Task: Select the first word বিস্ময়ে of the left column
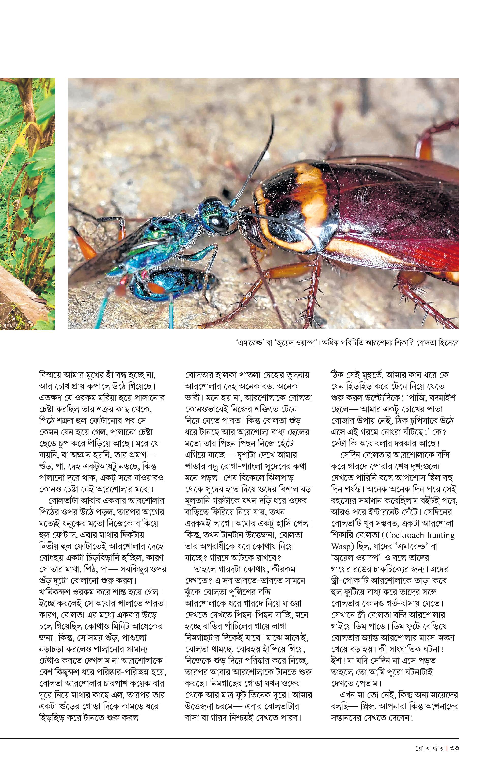[x=53, y=375]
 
